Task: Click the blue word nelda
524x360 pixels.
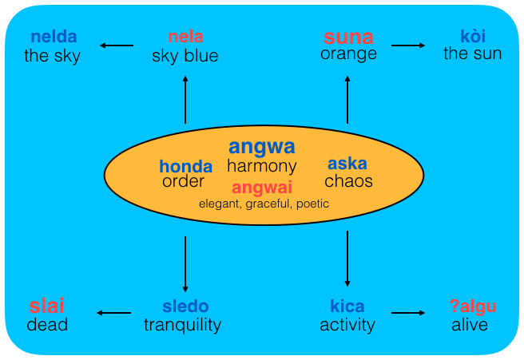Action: click(x=53, y=38)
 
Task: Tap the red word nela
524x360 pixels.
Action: click(x=185, y=38)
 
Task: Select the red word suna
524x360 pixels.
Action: click(x=347, y=37)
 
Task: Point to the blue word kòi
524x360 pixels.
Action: click(x=473, y=37)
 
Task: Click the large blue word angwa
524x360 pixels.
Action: click(x=261, y=147)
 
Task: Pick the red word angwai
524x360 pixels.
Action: click(x=261, y=188)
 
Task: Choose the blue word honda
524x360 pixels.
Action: click(x=185, y=166)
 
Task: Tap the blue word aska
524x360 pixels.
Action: click(x=347, y=164)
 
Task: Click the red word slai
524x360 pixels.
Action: click(x=47, y=306)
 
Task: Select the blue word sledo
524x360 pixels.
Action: click(x=185, y=307)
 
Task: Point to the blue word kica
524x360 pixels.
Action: click(x=347, y=307)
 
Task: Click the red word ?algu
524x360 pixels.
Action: click(x=473, y=307)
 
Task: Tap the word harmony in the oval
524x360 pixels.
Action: click(x=262, y=167)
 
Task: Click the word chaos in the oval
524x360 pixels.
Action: click(x=348, y=181)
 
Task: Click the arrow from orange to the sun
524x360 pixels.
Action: click(x=409, y=45)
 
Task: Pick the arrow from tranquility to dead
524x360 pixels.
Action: click(x=113, y=314)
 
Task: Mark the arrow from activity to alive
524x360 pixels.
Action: click(x=409, y=314)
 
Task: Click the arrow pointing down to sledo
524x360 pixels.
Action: click(x=185, y=263)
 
